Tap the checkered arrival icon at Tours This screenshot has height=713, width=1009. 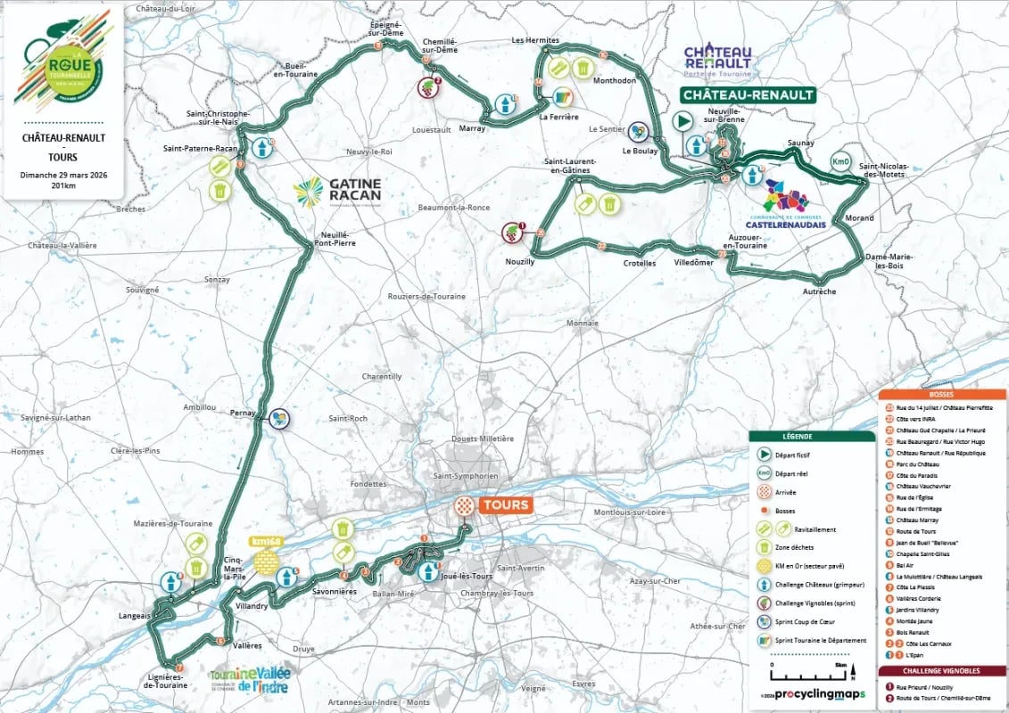tap(463, 506)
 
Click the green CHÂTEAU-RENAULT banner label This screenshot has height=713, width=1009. tap(748, 94)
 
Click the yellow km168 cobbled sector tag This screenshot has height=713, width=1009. tap(266, 541)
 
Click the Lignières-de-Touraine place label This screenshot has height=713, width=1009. tap(167, 681)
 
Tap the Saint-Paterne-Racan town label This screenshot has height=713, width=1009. tap(198, 149)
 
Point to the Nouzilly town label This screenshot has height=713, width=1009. tap(518, 261)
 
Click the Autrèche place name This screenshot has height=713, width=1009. tap(819, 291)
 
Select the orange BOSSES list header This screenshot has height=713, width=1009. tap(941, 394)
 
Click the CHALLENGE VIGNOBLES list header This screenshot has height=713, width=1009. tap(941, 670)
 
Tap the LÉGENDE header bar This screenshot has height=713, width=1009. tap(811, 437)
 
